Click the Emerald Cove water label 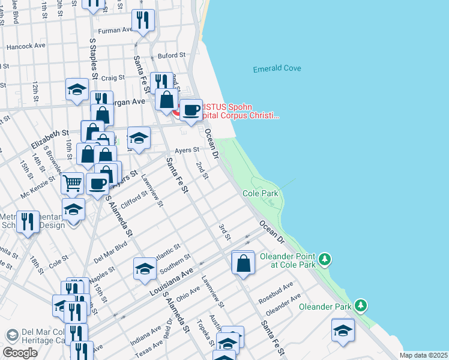point(277,68)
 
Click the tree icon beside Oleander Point point(325,259)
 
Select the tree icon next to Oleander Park point(360,305)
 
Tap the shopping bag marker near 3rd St point(243,263)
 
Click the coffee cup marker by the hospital point(191,110)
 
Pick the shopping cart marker point(72,182)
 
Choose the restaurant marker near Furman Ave point(143,20)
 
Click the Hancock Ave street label point(26,46)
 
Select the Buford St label point(169,56)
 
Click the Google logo point(20,353)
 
